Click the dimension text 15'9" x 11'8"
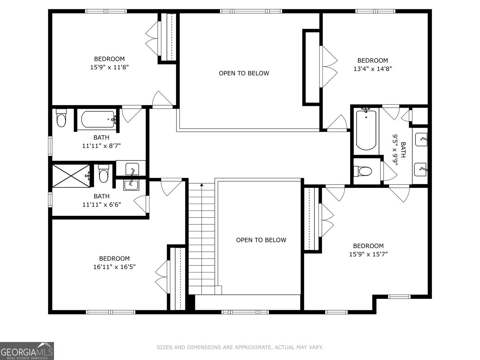[109, 67]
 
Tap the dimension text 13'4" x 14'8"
[373, 69]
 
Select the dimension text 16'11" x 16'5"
[114, 267]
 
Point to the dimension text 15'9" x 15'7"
[368, 254]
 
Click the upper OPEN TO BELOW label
[244, 73]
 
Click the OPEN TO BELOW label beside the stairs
[261, 240]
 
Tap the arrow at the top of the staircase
[202, 185]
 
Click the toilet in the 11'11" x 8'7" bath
[61, 118]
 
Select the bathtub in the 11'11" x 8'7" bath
[98, 119]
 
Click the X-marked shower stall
[71, 176]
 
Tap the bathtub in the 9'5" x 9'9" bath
[366, 130]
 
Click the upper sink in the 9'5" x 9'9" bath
[421, 139]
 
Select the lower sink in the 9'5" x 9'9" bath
[420, 170]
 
